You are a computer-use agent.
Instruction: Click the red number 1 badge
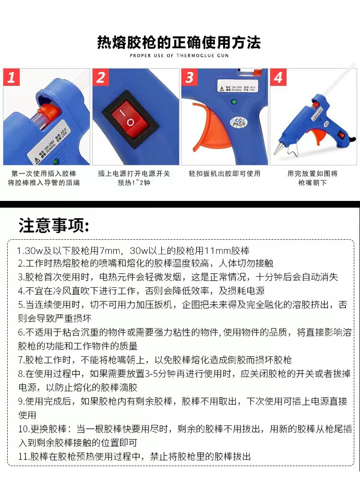pyautogui.click(x=12, y=77)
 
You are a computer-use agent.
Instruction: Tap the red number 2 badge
pyautogui.click(x=101, y=77)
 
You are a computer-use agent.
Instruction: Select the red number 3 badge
pyautogui.click(x=190, y=77)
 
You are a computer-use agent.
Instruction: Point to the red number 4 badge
pyautogui.click(x=278, y=77)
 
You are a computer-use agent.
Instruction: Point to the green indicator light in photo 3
pyautogui.click(x=234, y=101)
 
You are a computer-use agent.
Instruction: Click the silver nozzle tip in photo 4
pyautogui.click(x=278, y=149)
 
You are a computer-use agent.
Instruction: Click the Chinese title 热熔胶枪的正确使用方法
pyautogui.click(x=179, y=43)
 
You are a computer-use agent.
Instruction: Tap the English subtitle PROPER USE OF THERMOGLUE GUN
pyautogui.click(x=179, y=56)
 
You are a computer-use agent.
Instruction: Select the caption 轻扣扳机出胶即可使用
pyautogui.click(x=224, y=174)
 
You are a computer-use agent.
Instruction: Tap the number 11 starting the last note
pyautogui.click(x=23, y=457)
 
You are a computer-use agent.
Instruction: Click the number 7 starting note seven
pyautogui.click(x=21, y=360)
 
